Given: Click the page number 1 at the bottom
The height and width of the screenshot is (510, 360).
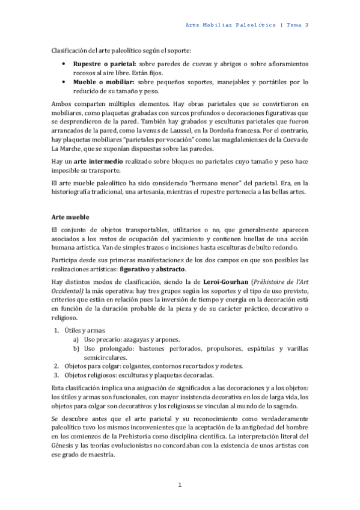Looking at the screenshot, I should pyautogui.click(x=180, y=485).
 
